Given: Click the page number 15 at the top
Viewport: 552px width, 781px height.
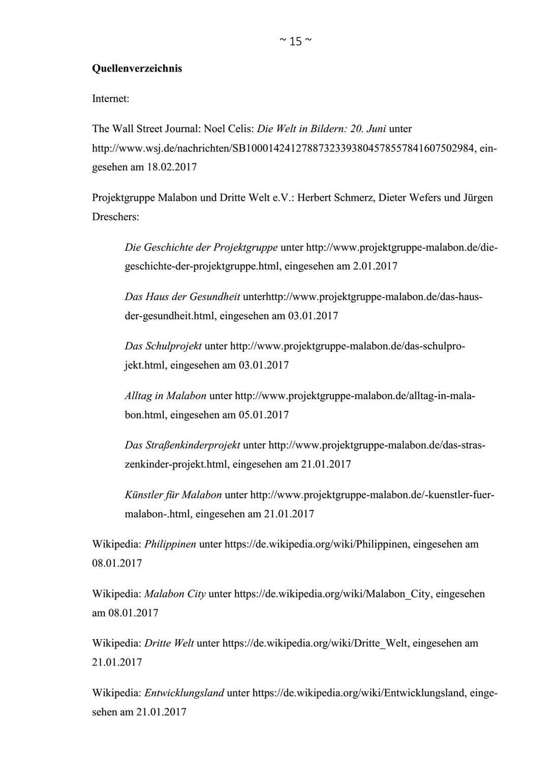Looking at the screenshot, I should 295,42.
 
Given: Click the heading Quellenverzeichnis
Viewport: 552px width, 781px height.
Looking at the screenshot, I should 137,69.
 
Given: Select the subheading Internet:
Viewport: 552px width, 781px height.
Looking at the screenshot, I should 110,99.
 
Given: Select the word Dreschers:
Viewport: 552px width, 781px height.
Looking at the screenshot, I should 115,217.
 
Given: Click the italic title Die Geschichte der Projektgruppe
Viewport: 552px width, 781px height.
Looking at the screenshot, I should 201,248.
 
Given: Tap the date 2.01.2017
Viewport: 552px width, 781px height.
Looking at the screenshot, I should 375,266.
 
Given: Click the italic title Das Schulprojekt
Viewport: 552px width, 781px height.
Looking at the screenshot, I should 163,346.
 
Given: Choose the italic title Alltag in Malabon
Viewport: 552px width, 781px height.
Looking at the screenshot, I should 165,396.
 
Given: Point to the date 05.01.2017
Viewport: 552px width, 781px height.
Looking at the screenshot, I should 263,415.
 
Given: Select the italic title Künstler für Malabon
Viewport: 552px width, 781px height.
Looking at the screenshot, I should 173,495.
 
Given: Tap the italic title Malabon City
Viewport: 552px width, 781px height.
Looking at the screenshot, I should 175,594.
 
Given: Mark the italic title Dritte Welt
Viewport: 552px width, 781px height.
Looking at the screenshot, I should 169,643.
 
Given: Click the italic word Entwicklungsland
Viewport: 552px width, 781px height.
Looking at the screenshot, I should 184,693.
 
